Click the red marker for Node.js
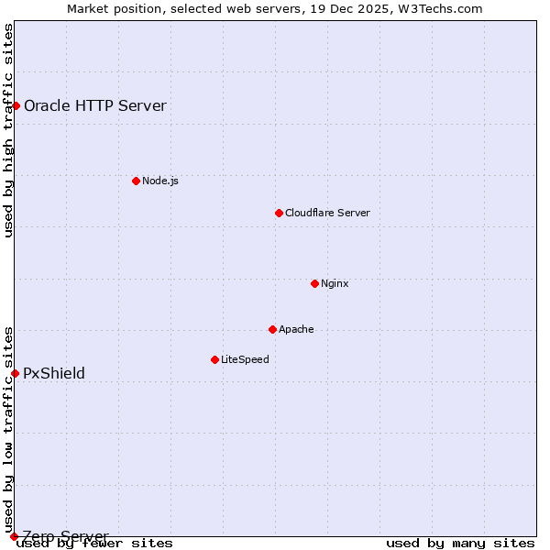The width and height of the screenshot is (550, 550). click(x=136, y=181)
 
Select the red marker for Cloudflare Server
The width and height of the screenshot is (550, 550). click(x=279, y=213)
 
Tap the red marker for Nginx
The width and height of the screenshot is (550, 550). click(x=314, y=283)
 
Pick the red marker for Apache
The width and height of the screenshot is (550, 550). click(x=272, y=329)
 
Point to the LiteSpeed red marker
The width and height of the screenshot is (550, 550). click(x=214, y=359)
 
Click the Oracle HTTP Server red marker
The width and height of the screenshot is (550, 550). click(x=16, y=105)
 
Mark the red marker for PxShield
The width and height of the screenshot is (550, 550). click(x=15, y=373)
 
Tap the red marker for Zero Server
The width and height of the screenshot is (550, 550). click(x=14, y=536)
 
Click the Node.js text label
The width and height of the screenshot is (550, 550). click(x=160, y=181)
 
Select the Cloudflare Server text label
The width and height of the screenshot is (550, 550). click(x=327, y=213)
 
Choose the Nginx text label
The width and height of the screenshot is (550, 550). click(x=335, y=283)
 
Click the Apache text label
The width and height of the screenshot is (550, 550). click(x=296, y=329)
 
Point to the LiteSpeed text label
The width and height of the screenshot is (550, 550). click(x=245, y=359)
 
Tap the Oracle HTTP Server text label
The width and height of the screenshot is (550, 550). click(x=95, y=105)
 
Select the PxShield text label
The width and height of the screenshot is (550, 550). click(x=54, y=373)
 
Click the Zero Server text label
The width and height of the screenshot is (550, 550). click(x=65, y=536)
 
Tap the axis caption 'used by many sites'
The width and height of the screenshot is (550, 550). click(x=460, y=544)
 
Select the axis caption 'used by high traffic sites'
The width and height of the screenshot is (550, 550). click(x=9, y=130)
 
